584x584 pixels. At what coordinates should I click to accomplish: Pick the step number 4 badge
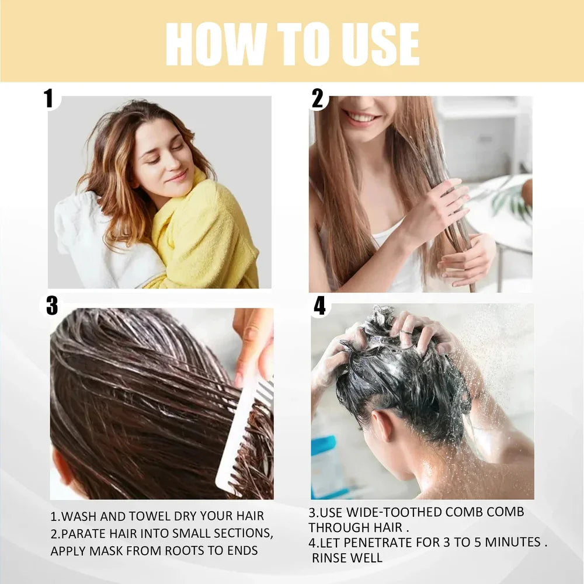(x=319, y=306)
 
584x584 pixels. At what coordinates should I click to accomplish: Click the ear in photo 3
(x=61, y=467)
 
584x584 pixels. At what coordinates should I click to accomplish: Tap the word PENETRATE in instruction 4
(x=381, y=543)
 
